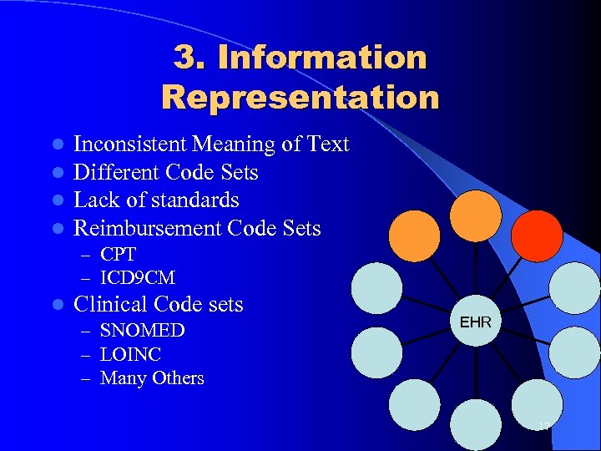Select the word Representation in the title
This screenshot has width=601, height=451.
tap(300, 97)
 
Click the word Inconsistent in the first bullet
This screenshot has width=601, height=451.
tap(130, 144)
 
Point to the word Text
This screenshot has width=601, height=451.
tap(327, 144)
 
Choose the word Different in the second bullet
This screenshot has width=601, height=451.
tap(117, 173)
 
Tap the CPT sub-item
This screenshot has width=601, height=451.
tap(118, 254)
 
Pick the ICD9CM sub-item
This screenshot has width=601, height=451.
tap(138, 277)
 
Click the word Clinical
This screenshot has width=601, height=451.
tap(112, 304)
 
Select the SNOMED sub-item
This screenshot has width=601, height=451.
tap(143, 331)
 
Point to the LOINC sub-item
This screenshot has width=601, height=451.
tap(130, 354)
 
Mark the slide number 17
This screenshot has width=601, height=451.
tap(543, 428)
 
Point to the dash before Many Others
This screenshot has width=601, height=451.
tap(86, 379)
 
